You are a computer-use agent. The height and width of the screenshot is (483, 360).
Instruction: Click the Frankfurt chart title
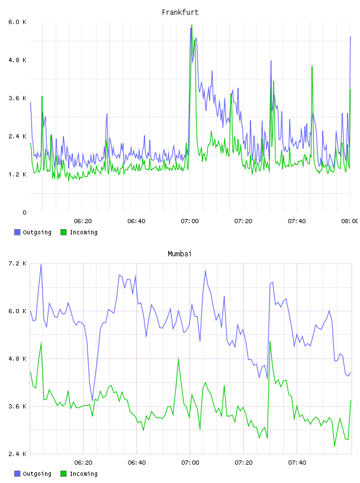point(180,12)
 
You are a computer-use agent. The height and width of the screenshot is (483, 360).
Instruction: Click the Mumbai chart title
point(179,254)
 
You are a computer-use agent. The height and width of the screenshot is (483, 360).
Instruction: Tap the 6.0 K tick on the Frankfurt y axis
point(18,22)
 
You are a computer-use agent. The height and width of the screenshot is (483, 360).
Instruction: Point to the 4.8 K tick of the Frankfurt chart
point(18,60)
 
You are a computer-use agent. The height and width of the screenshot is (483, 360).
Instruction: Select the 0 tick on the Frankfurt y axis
point(24,212)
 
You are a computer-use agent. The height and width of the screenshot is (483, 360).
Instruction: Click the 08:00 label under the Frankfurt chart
point(350,221)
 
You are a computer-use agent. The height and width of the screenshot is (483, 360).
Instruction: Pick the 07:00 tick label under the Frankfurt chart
point(190,221)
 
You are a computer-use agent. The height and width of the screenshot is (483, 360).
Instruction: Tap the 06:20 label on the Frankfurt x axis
point(83,221)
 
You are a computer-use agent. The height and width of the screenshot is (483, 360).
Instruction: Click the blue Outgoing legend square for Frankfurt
point(17,232)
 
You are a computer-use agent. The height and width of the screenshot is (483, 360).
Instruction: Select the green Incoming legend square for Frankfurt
point(63,232)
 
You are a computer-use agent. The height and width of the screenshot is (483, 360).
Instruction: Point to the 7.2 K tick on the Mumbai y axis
point(18,263)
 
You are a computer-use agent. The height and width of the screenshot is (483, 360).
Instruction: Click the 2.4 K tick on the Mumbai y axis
point(18,454)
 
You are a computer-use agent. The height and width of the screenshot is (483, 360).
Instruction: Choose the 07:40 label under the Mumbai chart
point(297,463)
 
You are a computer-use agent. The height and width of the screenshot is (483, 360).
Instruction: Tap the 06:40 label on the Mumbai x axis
point(137,463)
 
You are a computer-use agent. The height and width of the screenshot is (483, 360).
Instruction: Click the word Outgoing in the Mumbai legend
point(37,474)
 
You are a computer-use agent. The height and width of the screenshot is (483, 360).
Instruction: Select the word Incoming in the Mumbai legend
point(83,474)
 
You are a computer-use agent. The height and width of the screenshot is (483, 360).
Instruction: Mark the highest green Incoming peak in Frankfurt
point(192,25)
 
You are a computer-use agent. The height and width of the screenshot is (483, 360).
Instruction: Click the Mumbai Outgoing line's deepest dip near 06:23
point(92,400)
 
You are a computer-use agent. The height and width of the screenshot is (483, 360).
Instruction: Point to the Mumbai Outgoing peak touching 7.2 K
point(41,265)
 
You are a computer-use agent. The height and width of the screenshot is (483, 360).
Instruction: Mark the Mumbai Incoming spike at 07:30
point(270,342)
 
